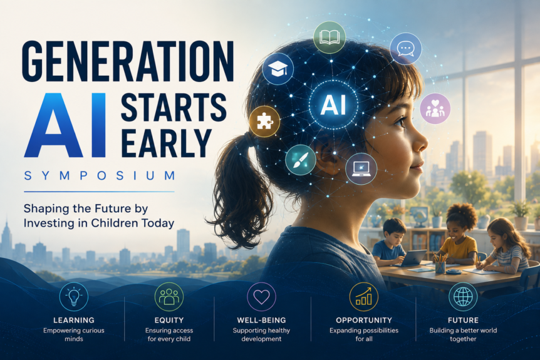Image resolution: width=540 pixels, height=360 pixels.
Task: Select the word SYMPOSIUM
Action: coord(100,175)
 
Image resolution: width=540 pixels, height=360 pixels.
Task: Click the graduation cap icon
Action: coord(278,69)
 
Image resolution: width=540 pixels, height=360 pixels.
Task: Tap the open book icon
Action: coord(330,37)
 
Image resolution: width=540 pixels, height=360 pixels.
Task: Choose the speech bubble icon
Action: coord(406,49)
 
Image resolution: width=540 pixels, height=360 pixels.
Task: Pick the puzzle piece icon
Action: coord(264,121)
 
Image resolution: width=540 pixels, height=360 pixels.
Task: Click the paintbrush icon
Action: coord(301,160)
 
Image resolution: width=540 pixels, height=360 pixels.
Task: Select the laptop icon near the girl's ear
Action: coord(361,168)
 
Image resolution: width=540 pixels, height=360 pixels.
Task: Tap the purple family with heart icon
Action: coord(435,108)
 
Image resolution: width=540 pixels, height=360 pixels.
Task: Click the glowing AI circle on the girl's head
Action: coord(333,105)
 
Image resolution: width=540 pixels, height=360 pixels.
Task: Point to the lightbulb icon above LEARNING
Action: coord(74,297)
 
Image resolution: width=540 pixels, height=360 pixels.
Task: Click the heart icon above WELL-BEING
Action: coord(261,297)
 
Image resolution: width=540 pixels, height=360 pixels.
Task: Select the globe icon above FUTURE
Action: coord(463,297)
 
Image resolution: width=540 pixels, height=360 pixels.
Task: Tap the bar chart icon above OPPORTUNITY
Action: coord(364,297)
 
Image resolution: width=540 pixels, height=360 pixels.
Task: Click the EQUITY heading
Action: coord(169,320)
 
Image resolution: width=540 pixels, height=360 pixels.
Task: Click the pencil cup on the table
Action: coord(440,265)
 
